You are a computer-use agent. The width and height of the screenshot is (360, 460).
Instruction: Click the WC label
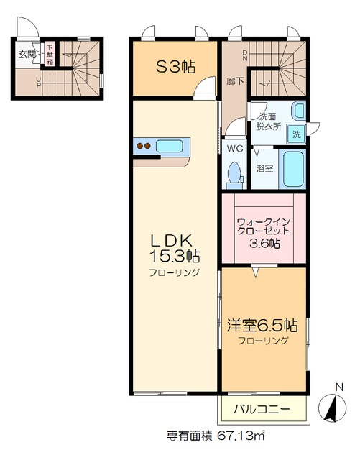point(234,149)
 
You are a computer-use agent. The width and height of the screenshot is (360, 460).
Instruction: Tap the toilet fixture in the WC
point(234,173)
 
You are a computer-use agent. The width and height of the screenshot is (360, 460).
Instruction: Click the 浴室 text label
point(264,168)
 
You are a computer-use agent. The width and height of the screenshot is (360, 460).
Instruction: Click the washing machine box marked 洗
point(296,134)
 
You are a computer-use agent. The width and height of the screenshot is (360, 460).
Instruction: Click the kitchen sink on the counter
point(170,147)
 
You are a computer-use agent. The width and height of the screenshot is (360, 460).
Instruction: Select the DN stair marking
point(246,55)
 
